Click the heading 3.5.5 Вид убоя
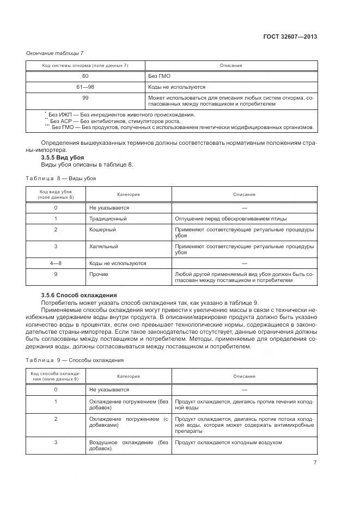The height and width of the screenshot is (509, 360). click(61, 157)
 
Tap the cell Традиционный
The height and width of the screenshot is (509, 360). click(108, 218)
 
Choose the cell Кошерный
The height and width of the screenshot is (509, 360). click(102, 230)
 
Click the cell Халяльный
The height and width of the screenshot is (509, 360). click(103, 246)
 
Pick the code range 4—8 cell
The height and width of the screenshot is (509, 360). click(56, 263)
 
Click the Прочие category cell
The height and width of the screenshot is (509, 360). click(99, 274)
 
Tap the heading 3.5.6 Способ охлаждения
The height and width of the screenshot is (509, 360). click(76, 295)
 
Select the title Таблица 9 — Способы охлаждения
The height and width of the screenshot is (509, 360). click(75, 360)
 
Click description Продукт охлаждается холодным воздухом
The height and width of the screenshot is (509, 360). click(229, 442)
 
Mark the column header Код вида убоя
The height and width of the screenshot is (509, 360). click(56, 194)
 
